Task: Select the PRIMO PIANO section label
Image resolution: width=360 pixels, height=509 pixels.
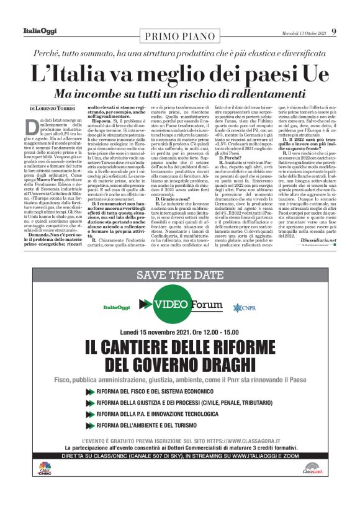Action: (180, 36)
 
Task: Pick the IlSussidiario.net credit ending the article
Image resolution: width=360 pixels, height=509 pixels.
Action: (318, 240)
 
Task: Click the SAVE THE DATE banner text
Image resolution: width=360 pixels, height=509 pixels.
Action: (179, 276)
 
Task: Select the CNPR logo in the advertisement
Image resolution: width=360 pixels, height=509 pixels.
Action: (241, 307)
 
